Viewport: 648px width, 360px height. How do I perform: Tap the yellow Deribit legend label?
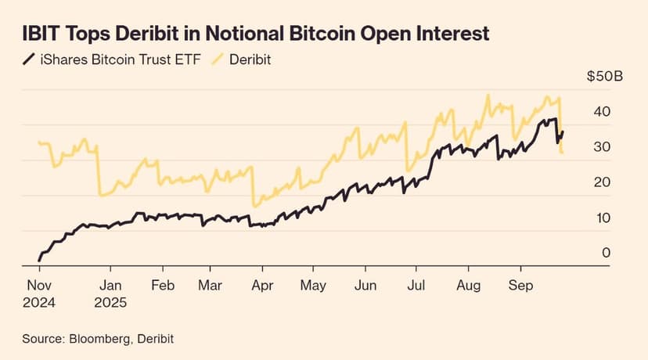(x=250, y=59)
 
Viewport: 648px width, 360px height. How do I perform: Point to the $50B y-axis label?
(x=604, y=77)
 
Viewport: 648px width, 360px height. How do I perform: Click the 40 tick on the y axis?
(x=601, y=112)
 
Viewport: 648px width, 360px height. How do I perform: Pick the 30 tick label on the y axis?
(x=601, y=147)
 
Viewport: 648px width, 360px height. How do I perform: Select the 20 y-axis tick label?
(x=601, y=182)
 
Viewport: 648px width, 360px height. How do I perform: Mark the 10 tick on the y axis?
(x=601, y=218)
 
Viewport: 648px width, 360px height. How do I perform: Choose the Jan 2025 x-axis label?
(x=111, y=293)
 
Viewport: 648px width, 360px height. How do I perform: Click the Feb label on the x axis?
(x=162, y=286)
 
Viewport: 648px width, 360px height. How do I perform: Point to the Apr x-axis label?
(x=262, y=286)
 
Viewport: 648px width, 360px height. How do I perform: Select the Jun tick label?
(x=365, y=286)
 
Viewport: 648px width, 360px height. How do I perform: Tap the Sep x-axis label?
(x=520, y=286)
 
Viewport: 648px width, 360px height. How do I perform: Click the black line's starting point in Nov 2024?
(x=39, y=260)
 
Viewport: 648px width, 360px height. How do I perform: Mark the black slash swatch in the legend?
(x=29, y=59)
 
